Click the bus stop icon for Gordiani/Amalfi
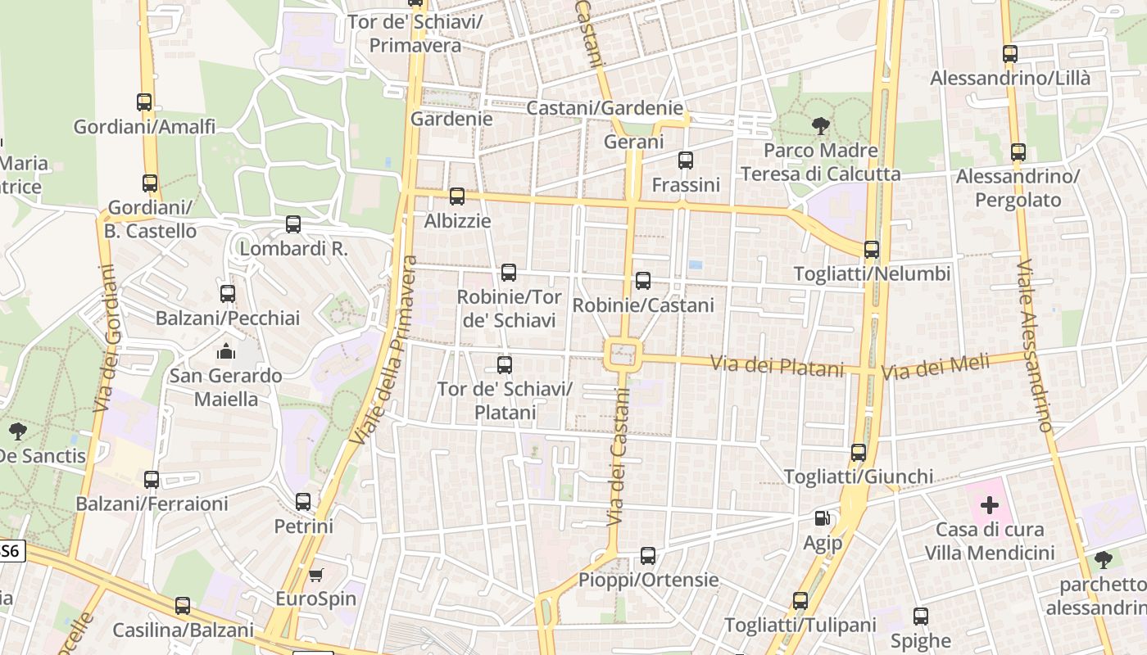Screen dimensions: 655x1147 [144, 102]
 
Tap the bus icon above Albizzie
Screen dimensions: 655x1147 [457, 196]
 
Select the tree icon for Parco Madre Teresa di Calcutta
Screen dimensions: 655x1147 [820, 126]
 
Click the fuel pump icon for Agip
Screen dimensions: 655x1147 [822, 518]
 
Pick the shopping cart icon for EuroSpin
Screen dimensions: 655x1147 [315, 575]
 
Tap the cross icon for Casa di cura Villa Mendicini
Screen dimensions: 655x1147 [990, 505]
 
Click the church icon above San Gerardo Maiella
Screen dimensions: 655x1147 [225, 352]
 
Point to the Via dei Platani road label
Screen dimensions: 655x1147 [777, 365]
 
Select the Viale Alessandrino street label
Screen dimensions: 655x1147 [1034, 346]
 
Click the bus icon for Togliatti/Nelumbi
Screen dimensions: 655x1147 [872, 250]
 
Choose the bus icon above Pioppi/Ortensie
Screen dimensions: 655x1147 [648, 556]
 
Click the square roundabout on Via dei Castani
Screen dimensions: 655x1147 [623, 355]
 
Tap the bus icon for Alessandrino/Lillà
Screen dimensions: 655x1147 [1010, 54]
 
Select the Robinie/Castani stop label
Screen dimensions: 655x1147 [643, 305]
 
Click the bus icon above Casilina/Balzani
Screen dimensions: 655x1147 [183, 606]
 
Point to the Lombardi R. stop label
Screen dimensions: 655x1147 [293, 249]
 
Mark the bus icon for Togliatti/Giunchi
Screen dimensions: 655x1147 [859, 453]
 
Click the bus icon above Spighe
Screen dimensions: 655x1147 [921, 617]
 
